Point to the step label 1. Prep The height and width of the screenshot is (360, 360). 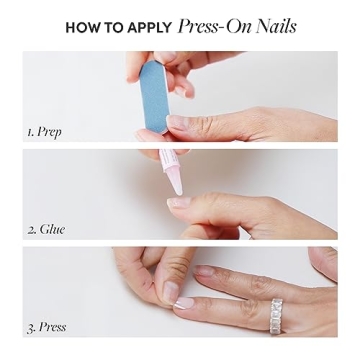point(45,131)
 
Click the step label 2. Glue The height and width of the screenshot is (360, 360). point(46,229)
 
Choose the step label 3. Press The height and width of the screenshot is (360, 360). point(48,327)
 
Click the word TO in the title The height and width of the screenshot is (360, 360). point(112,28)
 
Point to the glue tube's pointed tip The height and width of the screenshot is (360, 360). point(176,189)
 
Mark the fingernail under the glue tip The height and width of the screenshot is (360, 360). point(178,201)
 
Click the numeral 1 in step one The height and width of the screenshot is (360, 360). point(30,131)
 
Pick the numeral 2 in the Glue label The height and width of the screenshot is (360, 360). point(30,229)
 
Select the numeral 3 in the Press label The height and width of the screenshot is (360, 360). point(30,327)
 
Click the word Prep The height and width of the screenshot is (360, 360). point(50,131)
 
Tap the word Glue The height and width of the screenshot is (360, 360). point(52,229)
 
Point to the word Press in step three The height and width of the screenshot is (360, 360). point(54,327)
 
